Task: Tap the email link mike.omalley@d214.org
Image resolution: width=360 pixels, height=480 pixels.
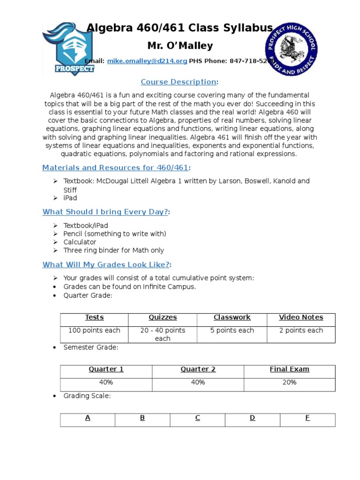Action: click(x=147, y=61)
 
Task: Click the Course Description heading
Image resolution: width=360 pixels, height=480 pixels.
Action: click(x=179, y=82)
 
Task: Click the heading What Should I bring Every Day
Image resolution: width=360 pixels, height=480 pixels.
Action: click(x=106, y=212)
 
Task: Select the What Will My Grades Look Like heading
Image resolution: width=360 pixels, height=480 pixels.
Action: click(x=107, y=265)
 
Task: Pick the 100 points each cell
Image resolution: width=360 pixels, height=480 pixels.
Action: click(x=94, y=330)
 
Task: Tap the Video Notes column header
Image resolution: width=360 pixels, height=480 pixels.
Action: click(x=301, y=317)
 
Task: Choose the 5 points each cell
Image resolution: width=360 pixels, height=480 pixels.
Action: click(x=232, y=330)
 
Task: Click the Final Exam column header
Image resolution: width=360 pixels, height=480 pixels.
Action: click(x=289, y=369)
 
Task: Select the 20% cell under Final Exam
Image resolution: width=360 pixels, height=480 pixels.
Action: click(x=289, y=382)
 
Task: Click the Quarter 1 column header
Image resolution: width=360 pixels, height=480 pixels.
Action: click(x=106, y=369)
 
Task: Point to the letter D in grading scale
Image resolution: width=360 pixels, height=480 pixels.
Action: click(x=252, y=418)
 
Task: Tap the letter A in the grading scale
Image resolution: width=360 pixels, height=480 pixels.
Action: click(x=88, y=418)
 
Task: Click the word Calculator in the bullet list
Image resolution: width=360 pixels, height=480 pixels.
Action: click(x=80, y=242)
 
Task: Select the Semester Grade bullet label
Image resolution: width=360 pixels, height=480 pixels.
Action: click(x=91, y=347)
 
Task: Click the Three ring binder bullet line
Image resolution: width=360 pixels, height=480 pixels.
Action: click(x=113, y=251)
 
